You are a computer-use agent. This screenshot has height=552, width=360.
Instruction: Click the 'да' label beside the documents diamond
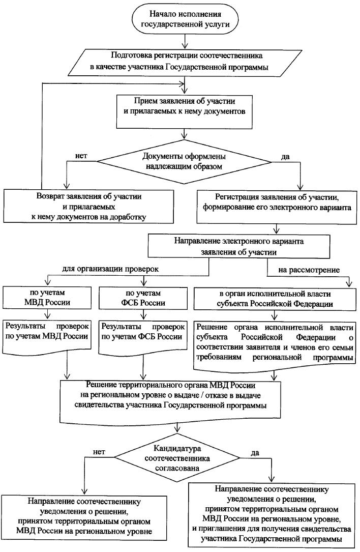point(285,157)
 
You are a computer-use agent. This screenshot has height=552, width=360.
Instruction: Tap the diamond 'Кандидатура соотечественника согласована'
point(183,456)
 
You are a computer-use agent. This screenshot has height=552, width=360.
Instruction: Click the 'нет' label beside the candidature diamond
point(98,451)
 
